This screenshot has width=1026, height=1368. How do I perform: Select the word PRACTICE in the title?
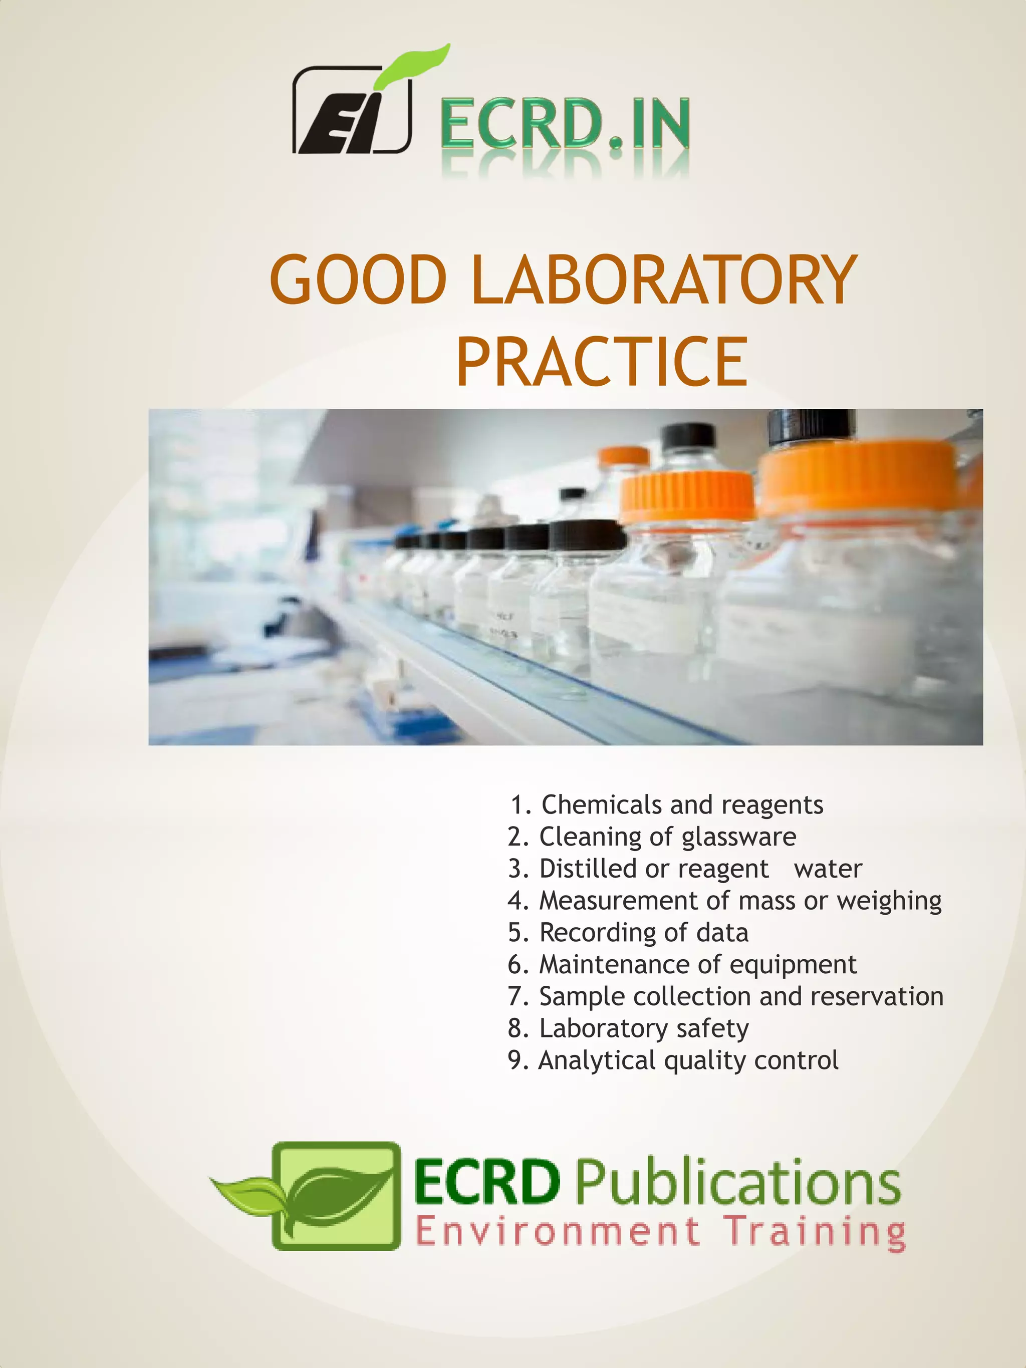(601, 361)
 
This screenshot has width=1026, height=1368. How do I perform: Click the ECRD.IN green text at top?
(565, 124)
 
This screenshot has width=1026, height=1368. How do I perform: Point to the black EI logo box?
(351, 111)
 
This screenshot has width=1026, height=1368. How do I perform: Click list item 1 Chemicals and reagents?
(667, 804)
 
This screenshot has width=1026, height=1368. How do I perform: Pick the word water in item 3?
(828, 869)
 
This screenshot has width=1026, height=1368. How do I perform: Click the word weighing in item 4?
(889, 901)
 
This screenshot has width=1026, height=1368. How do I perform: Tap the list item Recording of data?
(628, 933)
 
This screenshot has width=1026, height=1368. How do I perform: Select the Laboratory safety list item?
(628, 1028)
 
